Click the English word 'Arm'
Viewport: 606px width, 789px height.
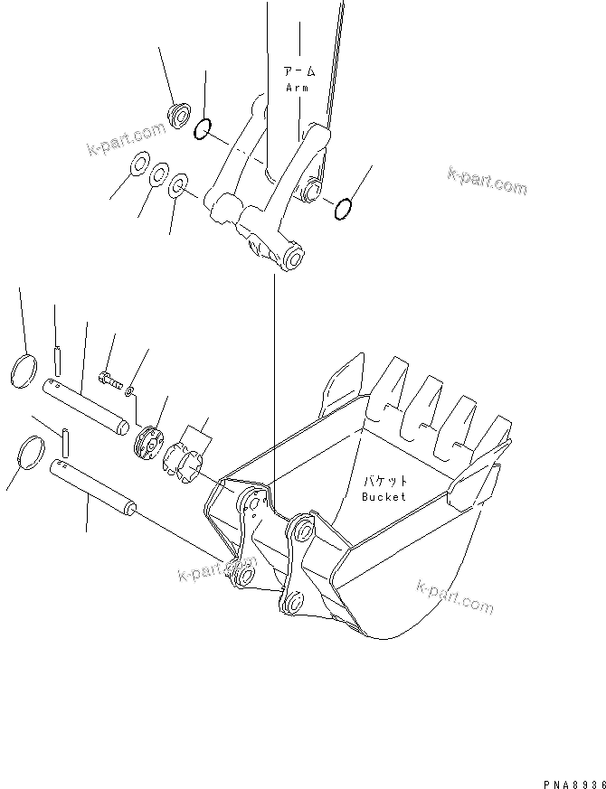[x=297, y=88]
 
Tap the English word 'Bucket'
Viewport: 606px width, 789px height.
[x=383, y=496]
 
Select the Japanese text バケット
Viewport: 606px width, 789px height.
[x=384, y=481]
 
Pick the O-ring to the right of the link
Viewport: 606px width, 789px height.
[x=343, y=211]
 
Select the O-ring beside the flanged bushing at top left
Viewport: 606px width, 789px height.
[x=204, y=130]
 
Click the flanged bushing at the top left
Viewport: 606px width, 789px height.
[x=179, y=115]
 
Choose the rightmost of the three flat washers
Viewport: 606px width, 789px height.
[x=178, y=187]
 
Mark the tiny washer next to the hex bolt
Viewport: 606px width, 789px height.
[x=130, y=390]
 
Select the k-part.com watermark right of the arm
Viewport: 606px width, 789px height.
[x=486, y=181]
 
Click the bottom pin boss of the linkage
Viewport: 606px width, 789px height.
[x=293, y=259]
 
